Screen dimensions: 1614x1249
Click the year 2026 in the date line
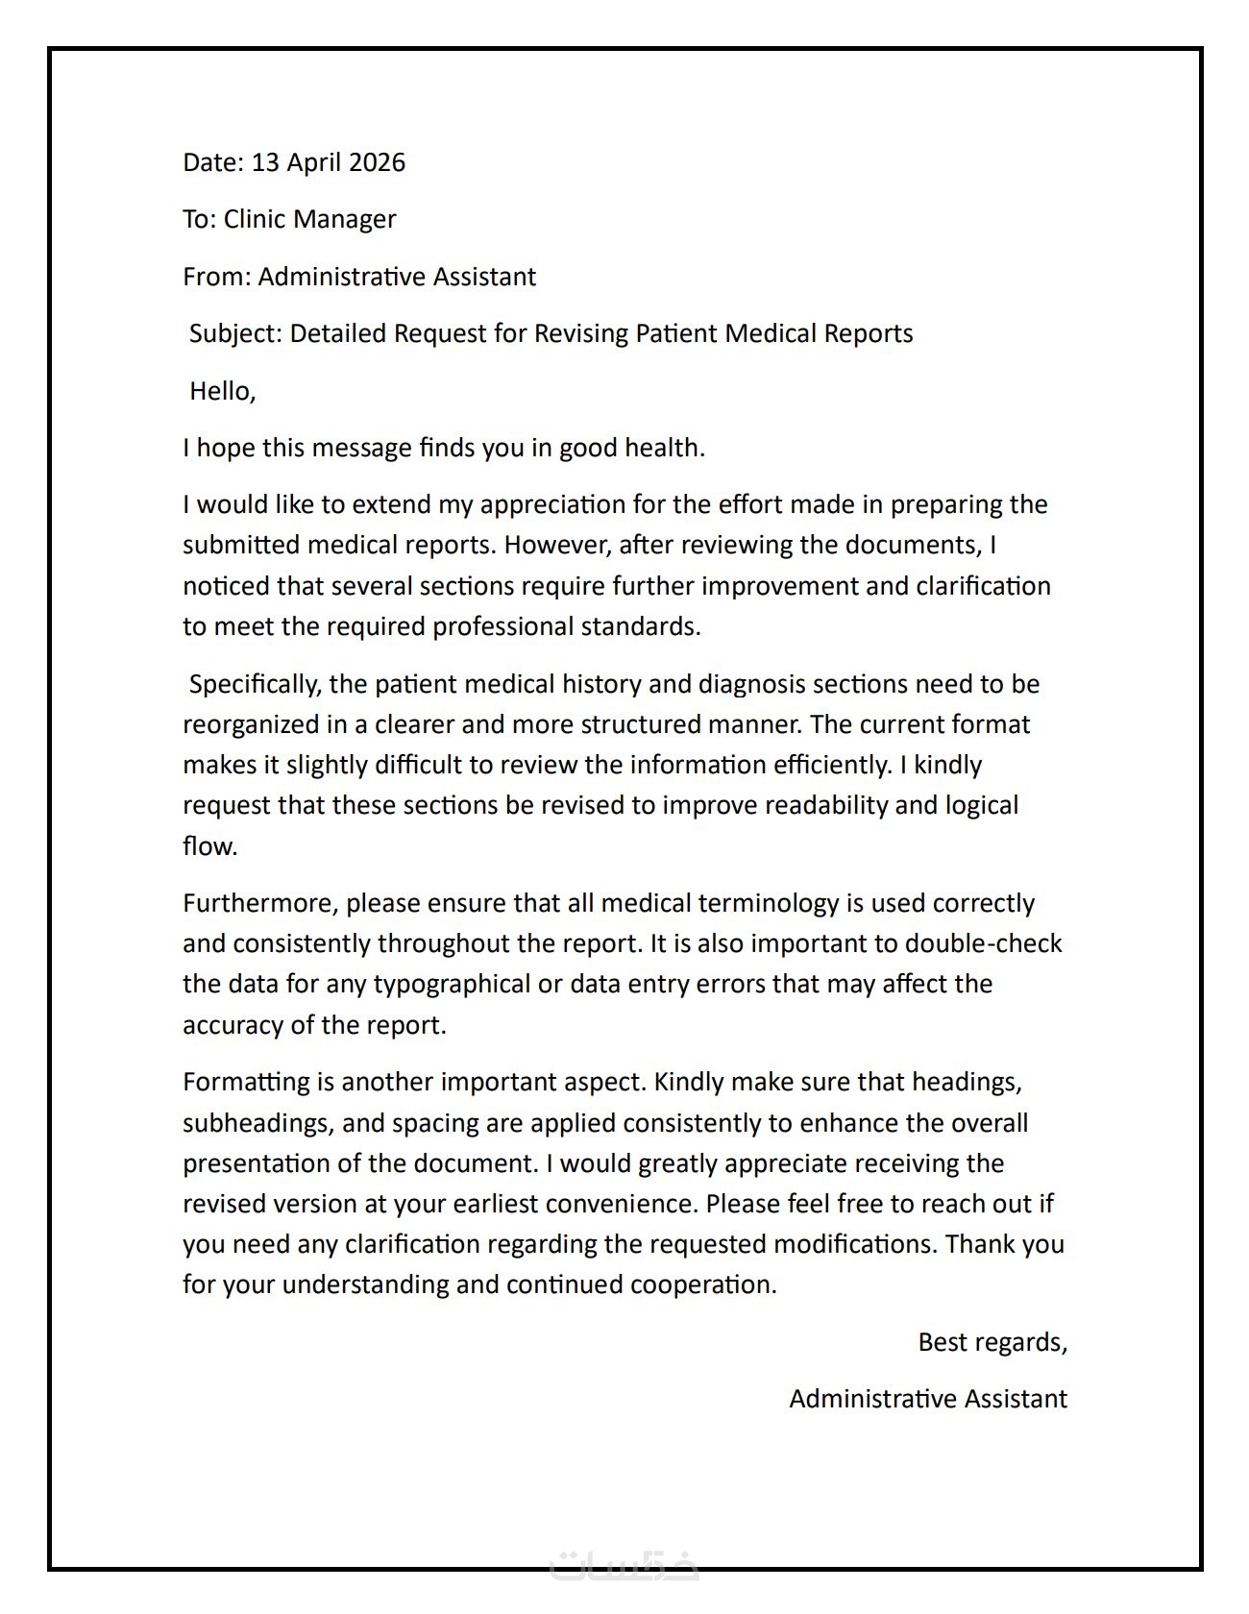point(377,162)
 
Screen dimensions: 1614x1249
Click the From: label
point(217,277)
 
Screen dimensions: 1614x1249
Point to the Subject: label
point(235,333)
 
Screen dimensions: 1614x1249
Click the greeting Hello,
point(222,391)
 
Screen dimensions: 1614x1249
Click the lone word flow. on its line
point(209,846)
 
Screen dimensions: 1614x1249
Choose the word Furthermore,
point(260,904)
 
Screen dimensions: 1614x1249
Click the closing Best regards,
point(992,1342)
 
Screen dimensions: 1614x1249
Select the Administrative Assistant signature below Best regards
point(927,1399)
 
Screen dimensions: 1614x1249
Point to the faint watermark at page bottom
point(624,1567)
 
